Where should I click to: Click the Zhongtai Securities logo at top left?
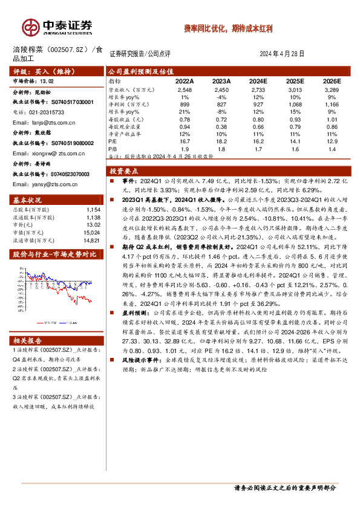pos(57,27)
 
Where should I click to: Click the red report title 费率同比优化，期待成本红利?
pos(229,28)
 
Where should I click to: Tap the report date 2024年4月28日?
pos(282,54)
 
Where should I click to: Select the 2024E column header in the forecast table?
pos(258,80)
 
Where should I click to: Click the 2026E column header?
pos(332,80)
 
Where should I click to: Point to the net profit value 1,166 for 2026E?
pos(332,104)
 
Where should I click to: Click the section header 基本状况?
pos(28,200)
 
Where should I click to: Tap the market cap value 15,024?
pos(91,232)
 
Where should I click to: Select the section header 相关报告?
pos(28,340)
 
